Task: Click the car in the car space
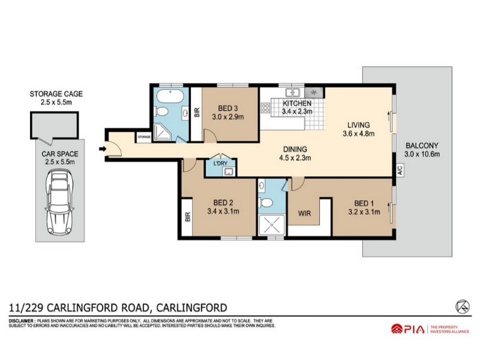point(59,202)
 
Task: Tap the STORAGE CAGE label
point(56,94)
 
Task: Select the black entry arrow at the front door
point(102,149)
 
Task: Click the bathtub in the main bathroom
point(170,97)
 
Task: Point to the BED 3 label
point(228,109)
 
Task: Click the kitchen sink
point(292,92)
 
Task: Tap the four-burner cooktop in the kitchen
point(265,107)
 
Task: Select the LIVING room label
point(358,125)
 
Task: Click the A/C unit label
point(400,170)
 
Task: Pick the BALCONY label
point(422,146)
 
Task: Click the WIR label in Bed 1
point(304,213)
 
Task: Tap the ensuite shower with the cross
point(271,225)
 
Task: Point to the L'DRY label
point(220,163)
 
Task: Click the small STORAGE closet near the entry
point(144,137)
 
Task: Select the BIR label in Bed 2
point(188,217)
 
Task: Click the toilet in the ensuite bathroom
point(265,202)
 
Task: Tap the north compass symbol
point(461,307)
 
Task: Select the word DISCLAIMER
point(21,321)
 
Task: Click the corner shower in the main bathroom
point(162,132)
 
